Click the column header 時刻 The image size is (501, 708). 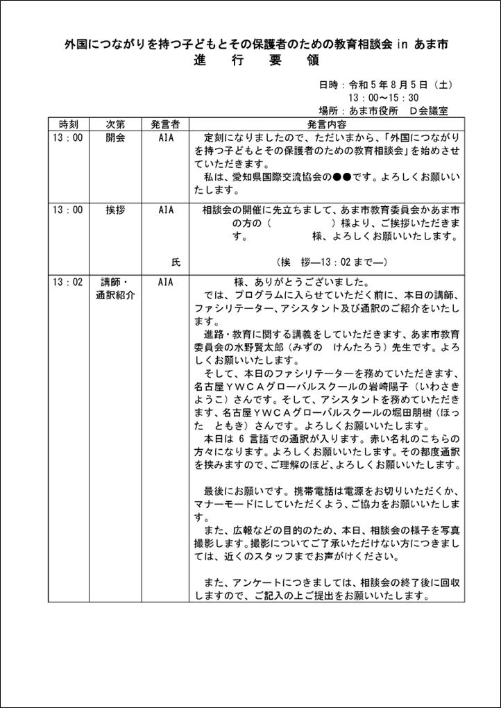tap(69, 124)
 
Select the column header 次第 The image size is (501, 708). tap(115, 124)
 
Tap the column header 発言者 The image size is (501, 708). tap(165, 124)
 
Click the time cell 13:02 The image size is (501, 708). tap(67, 283)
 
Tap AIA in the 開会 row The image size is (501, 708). tap(166, 137)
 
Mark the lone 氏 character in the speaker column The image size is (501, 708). tap(176, 262)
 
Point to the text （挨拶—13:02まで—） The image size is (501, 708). tap(331, 262)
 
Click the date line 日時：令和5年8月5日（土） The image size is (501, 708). tap(386, 85)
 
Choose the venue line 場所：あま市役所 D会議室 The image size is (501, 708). tap(383, 110)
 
